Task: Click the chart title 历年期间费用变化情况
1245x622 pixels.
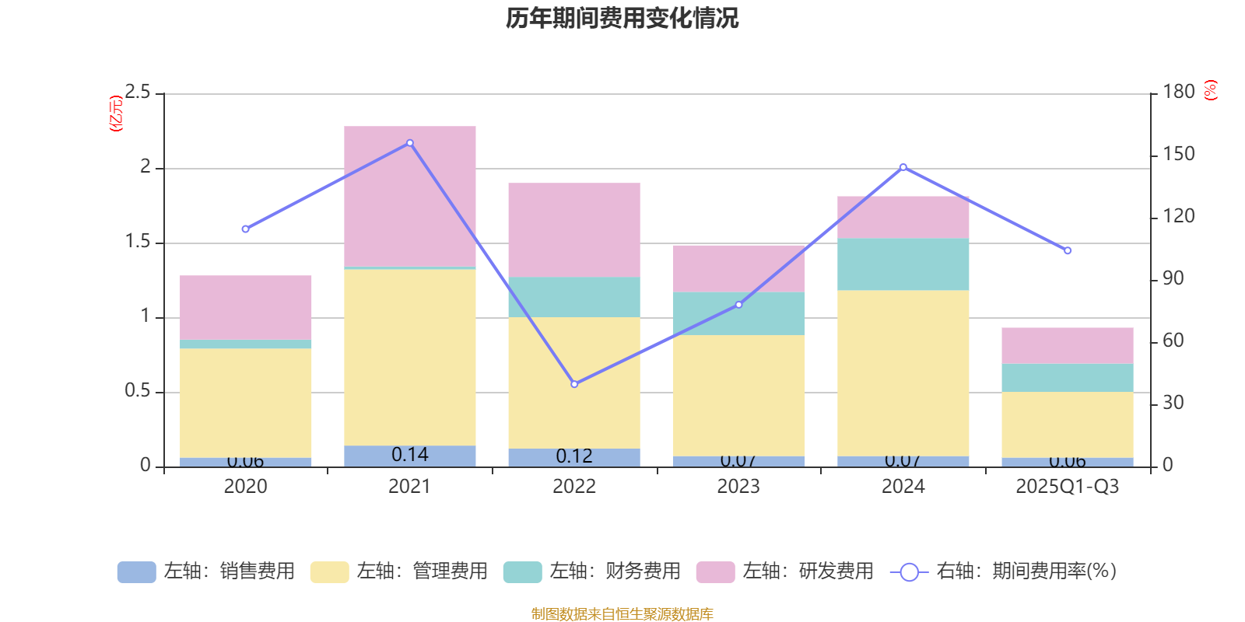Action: point(622,18)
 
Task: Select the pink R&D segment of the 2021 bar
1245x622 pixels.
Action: point(410,196)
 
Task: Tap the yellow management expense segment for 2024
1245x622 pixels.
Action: point(903,373)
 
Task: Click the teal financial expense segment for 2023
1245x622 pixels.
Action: point(738,313)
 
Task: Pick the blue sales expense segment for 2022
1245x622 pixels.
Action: point(574,457)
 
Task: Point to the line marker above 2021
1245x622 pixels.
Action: point(410,143)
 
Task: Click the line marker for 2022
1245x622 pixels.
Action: point(574,384)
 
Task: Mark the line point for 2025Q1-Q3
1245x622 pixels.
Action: point(1068,250)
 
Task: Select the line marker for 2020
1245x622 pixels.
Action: point(245,229)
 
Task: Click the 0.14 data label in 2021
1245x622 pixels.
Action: point(410,455)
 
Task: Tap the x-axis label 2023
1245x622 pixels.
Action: point(738,487)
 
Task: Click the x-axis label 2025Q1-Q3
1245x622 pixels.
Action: point(1067,487)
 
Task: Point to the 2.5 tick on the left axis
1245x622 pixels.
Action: point(139,93)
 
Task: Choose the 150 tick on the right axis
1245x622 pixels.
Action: point(1179,155)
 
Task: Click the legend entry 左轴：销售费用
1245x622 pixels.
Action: point(206,571)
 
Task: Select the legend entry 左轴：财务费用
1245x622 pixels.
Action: point(592,571)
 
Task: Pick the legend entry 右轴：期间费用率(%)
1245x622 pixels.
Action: point(1003,571)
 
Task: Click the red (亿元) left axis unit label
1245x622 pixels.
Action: point(116,114)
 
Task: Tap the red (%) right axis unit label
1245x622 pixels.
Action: point(1210,90)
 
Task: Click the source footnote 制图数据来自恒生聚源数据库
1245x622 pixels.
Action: point(622,614)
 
